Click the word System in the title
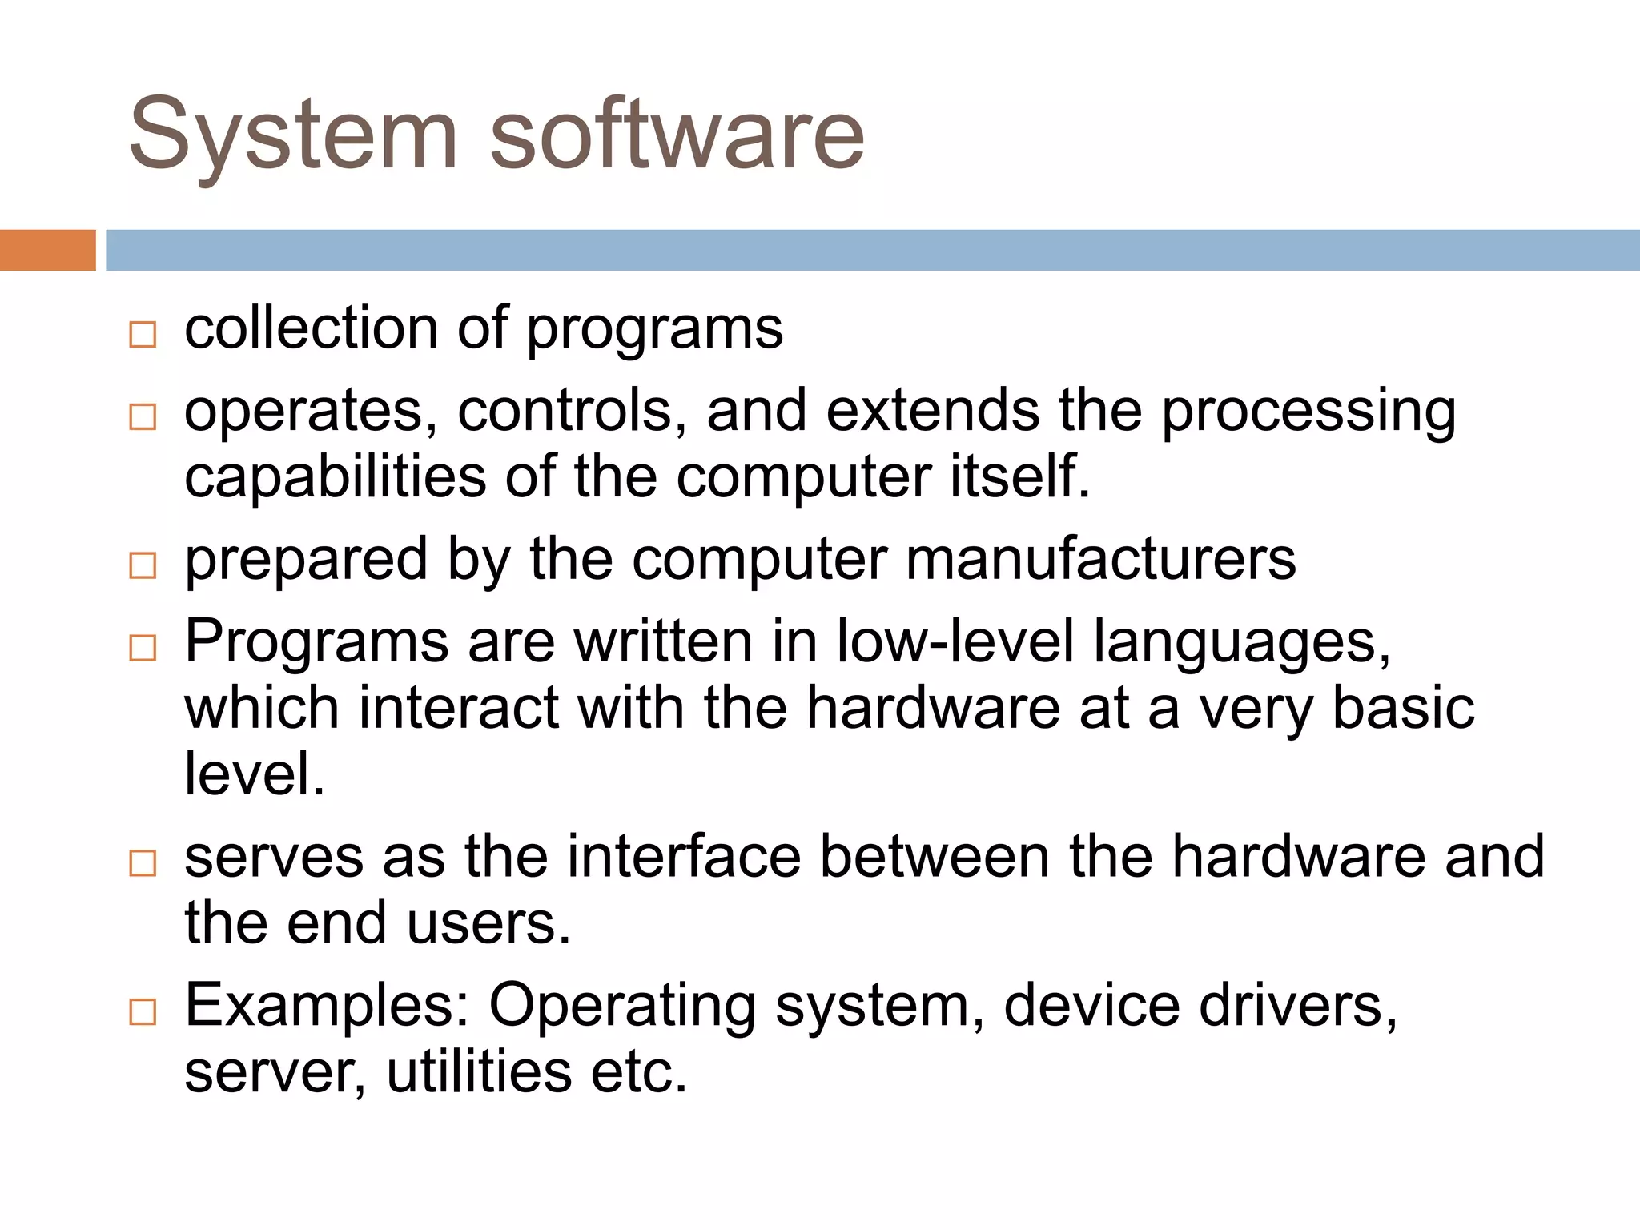point(292,136)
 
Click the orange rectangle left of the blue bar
point(47,250)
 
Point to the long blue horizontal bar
point(873,250)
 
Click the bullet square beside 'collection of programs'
point(143,334)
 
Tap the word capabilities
point(335,477)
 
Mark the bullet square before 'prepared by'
point(143,565)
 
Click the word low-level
point(955,641)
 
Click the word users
point(488,923)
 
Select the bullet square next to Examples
point(143,1012)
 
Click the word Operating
point(622,1007)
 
